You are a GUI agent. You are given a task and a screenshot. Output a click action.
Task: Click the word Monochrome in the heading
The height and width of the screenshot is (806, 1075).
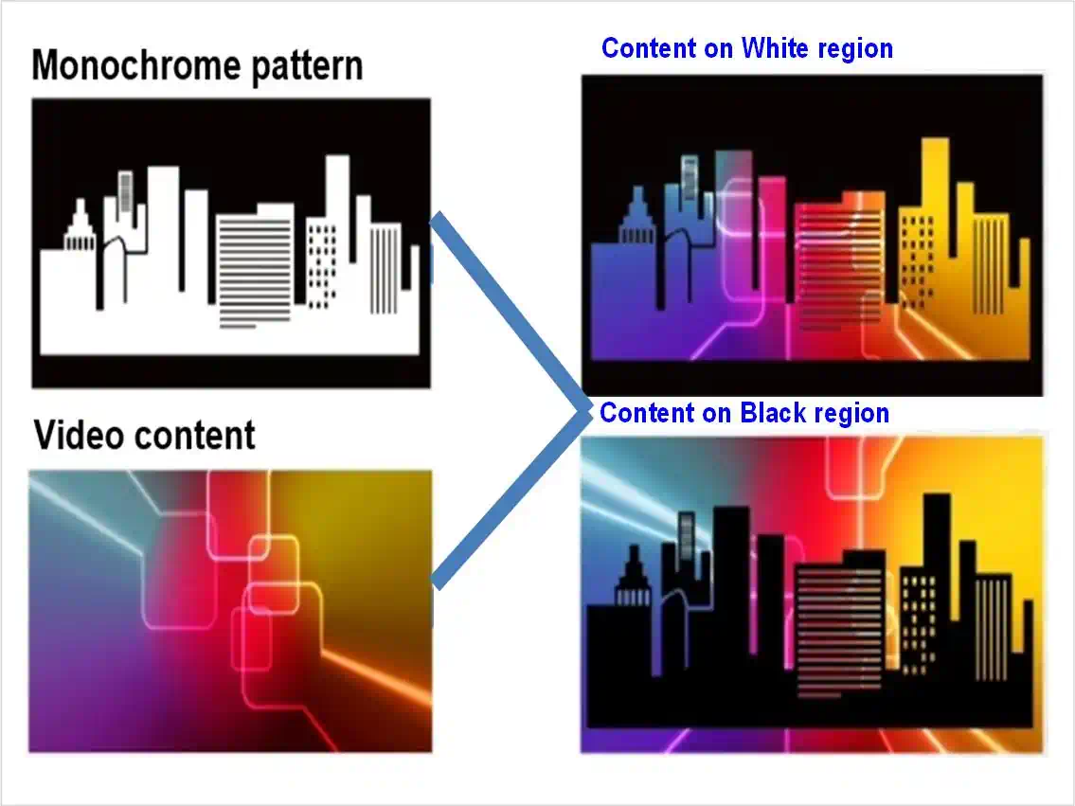135,65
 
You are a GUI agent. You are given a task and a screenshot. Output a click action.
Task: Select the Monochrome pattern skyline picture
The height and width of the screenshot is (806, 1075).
231,243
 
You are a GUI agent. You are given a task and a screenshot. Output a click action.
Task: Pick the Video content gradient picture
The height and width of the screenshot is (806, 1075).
230,611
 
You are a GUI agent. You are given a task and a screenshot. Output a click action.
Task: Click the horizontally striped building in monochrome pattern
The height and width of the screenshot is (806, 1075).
255,266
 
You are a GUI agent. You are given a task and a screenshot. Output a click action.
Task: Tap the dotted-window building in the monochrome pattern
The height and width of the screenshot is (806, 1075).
321,263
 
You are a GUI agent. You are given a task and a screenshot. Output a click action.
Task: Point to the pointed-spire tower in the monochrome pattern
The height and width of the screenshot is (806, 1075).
80,226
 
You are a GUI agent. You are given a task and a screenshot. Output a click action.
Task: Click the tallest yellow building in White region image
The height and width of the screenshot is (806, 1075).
935,226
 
